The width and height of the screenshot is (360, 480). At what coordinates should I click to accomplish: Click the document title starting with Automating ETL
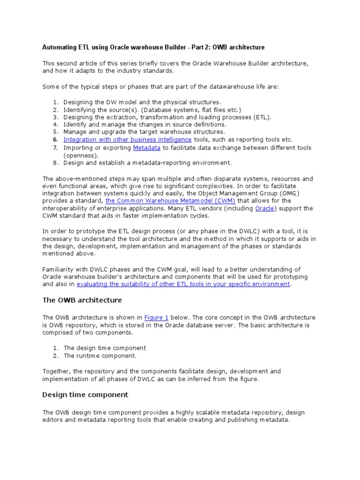[153, 47]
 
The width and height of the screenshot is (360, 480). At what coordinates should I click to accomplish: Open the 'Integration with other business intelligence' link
[127, 140]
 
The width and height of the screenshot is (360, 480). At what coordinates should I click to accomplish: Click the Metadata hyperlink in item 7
[147, 148]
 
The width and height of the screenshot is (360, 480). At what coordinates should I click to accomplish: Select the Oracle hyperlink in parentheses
[264, 209]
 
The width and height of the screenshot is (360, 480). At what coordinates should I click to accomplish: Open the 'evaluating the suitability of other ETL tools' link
[183, 284]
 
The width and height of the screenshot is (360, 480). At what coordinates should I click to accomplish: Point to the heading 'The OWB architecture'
[82, 300]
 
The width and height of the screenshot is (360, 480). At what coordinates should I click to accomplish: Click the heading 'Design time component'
[85, 395]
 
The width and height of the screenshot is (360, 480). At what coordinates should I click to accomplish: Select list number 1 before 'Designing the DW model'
[55, 102]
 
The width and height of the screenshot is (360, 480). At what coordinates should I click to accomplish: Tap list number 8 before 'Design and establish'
[55, 163]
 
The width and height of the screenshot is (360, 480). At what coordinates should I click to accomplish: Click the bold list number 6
[55, 140]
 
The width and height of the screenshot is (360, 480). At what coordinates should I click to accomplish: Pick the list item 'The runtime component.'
[100, 356]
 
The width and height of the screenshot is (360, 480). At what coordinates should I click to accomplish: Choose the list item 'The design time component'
[105, 348]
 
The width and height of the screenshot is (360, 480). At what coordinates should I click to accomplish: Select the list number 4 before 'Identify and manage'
[55, 125]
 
